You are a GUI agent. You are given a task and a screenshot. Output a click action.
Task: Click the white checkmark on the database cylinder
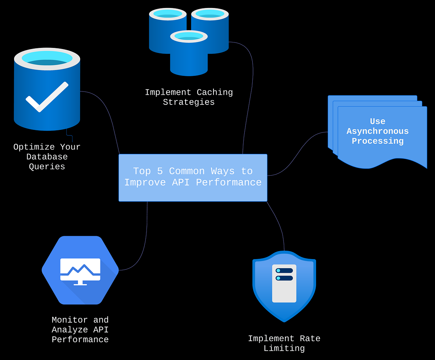[47, 97]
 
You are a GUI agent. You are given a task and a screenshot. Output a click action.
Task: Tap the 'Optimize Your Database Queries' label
[47, 157]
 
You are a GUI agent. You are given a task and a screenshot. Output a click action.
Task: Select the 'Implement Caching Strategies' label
[189, 97]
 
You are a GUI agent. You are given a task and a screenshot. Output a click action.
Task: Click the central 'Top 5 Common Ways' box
[193, 177]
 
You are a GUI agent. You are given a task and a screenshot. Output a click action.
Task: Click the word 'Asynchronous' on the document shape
[377, 131]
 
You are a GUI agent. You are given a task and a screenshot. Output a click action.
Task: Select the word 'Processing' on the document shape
[377, 141]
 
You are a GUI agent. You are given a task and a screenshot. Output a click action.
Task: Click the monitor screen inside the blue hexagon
[80, 269]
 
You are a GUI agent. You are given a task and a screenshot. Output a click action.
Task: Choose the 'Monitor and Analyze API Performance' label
[80, 330]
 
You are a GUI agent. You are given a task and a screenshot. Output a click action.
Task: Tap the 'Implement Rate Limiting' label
[284, 343]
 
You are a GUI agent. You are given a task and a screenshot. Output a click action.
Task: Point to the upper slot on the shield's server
[284, 271]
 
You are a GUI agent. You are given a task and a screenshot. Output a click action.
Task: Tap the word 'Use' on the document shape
[377, 122]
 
